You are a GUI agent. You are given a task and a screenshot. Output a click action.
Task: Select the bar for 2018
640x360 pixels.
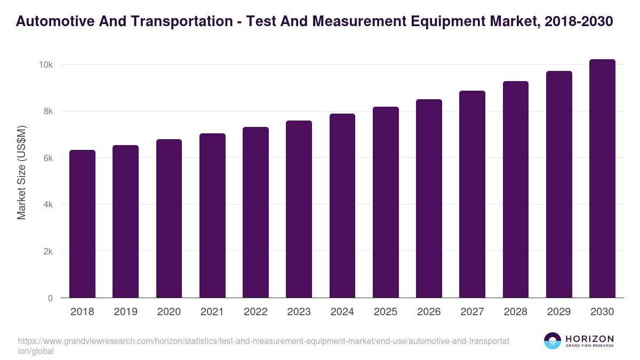click(82, 224)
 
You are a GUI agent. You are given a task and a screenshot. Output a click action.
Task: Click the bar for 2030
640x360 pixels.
click(602, 179)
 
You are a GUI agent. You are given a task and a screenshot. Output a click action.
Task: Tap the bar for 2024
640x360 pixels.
click(342, 206)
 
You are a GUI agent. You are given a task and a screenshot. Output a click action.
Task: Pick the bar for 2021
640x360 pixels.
click(212, 215)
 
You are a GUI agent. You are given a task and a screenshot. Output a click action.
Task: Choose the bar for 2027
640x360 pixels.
click(472, 194)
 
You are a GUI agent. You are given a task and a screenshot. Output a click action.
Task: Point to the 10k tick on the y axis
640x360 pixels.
click(45, 65)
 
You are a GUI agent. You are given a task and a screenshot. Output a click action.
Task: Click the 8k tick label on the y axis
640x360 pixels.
click(47, 111)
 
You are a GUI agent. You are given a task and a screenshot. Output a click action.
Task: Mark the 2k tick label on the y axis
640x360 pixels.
click(47, 252)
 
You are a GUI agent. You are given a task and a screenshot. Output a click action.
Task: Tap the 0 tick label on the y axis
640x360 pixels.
click(50, 299)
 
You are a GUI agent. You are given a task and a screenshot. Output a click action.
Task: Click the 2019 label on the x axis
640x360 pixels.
click(125, 312)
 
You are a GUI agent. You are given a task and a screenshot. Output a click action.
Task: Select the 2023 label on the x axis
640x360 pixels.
click(299, 312)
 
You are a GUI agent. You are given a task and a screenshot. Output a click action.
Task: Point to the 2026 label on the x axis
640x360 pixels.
click(429, 312)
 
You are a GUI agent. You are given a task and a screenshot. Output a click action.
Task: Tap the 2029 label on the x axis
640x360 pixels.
click(559, 312)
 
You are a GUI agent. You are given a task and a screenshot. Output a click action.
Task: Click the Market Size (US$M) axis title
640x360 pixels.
click(21, 172)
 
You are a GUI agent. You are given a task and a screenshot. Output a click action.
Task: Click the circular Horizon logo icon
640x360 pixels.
click(553, 341)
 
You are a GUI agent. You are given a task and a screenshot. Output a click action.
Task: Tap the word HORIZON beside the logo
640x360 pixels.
click(589, 338)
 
